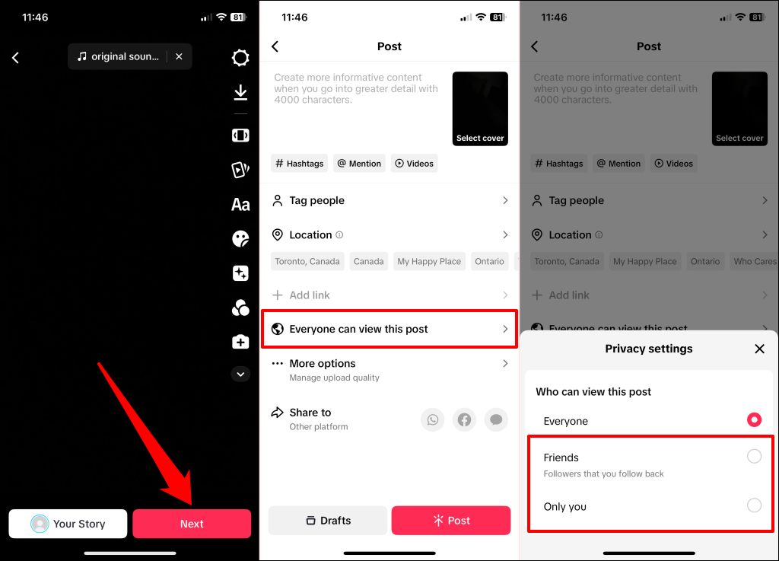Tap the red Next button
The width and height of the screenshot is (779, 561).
[192, 524]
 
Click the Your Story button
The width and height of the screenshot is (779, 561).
[68, 524]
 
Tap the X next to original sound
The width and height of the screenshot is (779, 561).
[179, 56]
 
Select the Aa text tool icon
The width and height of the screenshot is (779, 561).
[240, 204]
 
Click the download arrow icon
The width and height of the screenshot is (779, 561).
[240, 93]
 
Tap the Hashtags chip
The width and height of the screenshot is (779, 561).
[299, 164]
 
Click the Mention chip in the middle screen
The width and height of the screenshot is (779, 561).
[359, 164]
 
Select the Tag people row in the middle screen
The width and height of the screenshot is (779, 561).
[389, 200]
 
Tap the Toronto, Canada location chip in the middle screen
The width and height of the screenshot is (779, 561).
[307, 261]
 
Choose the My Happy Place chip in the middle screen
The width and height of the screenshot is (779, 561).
[429, 261]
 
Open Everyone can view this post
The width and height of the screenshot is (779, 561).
[389, 329]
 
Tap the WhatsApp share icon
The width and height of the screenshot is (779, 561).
[433, 419]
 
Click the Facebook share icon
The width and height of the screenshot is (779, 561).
[465, 419]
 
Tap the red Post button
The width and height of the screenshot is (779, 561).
[451, 521]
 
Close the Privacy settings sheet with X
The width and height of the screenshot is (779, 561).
[759, 349]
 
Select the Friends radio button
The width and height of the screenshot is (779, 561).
[754, 457]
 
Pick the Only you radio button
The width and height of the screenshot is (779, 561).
[754, 505]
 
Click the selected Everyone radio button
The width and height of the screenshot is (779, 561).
[754, 419]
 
